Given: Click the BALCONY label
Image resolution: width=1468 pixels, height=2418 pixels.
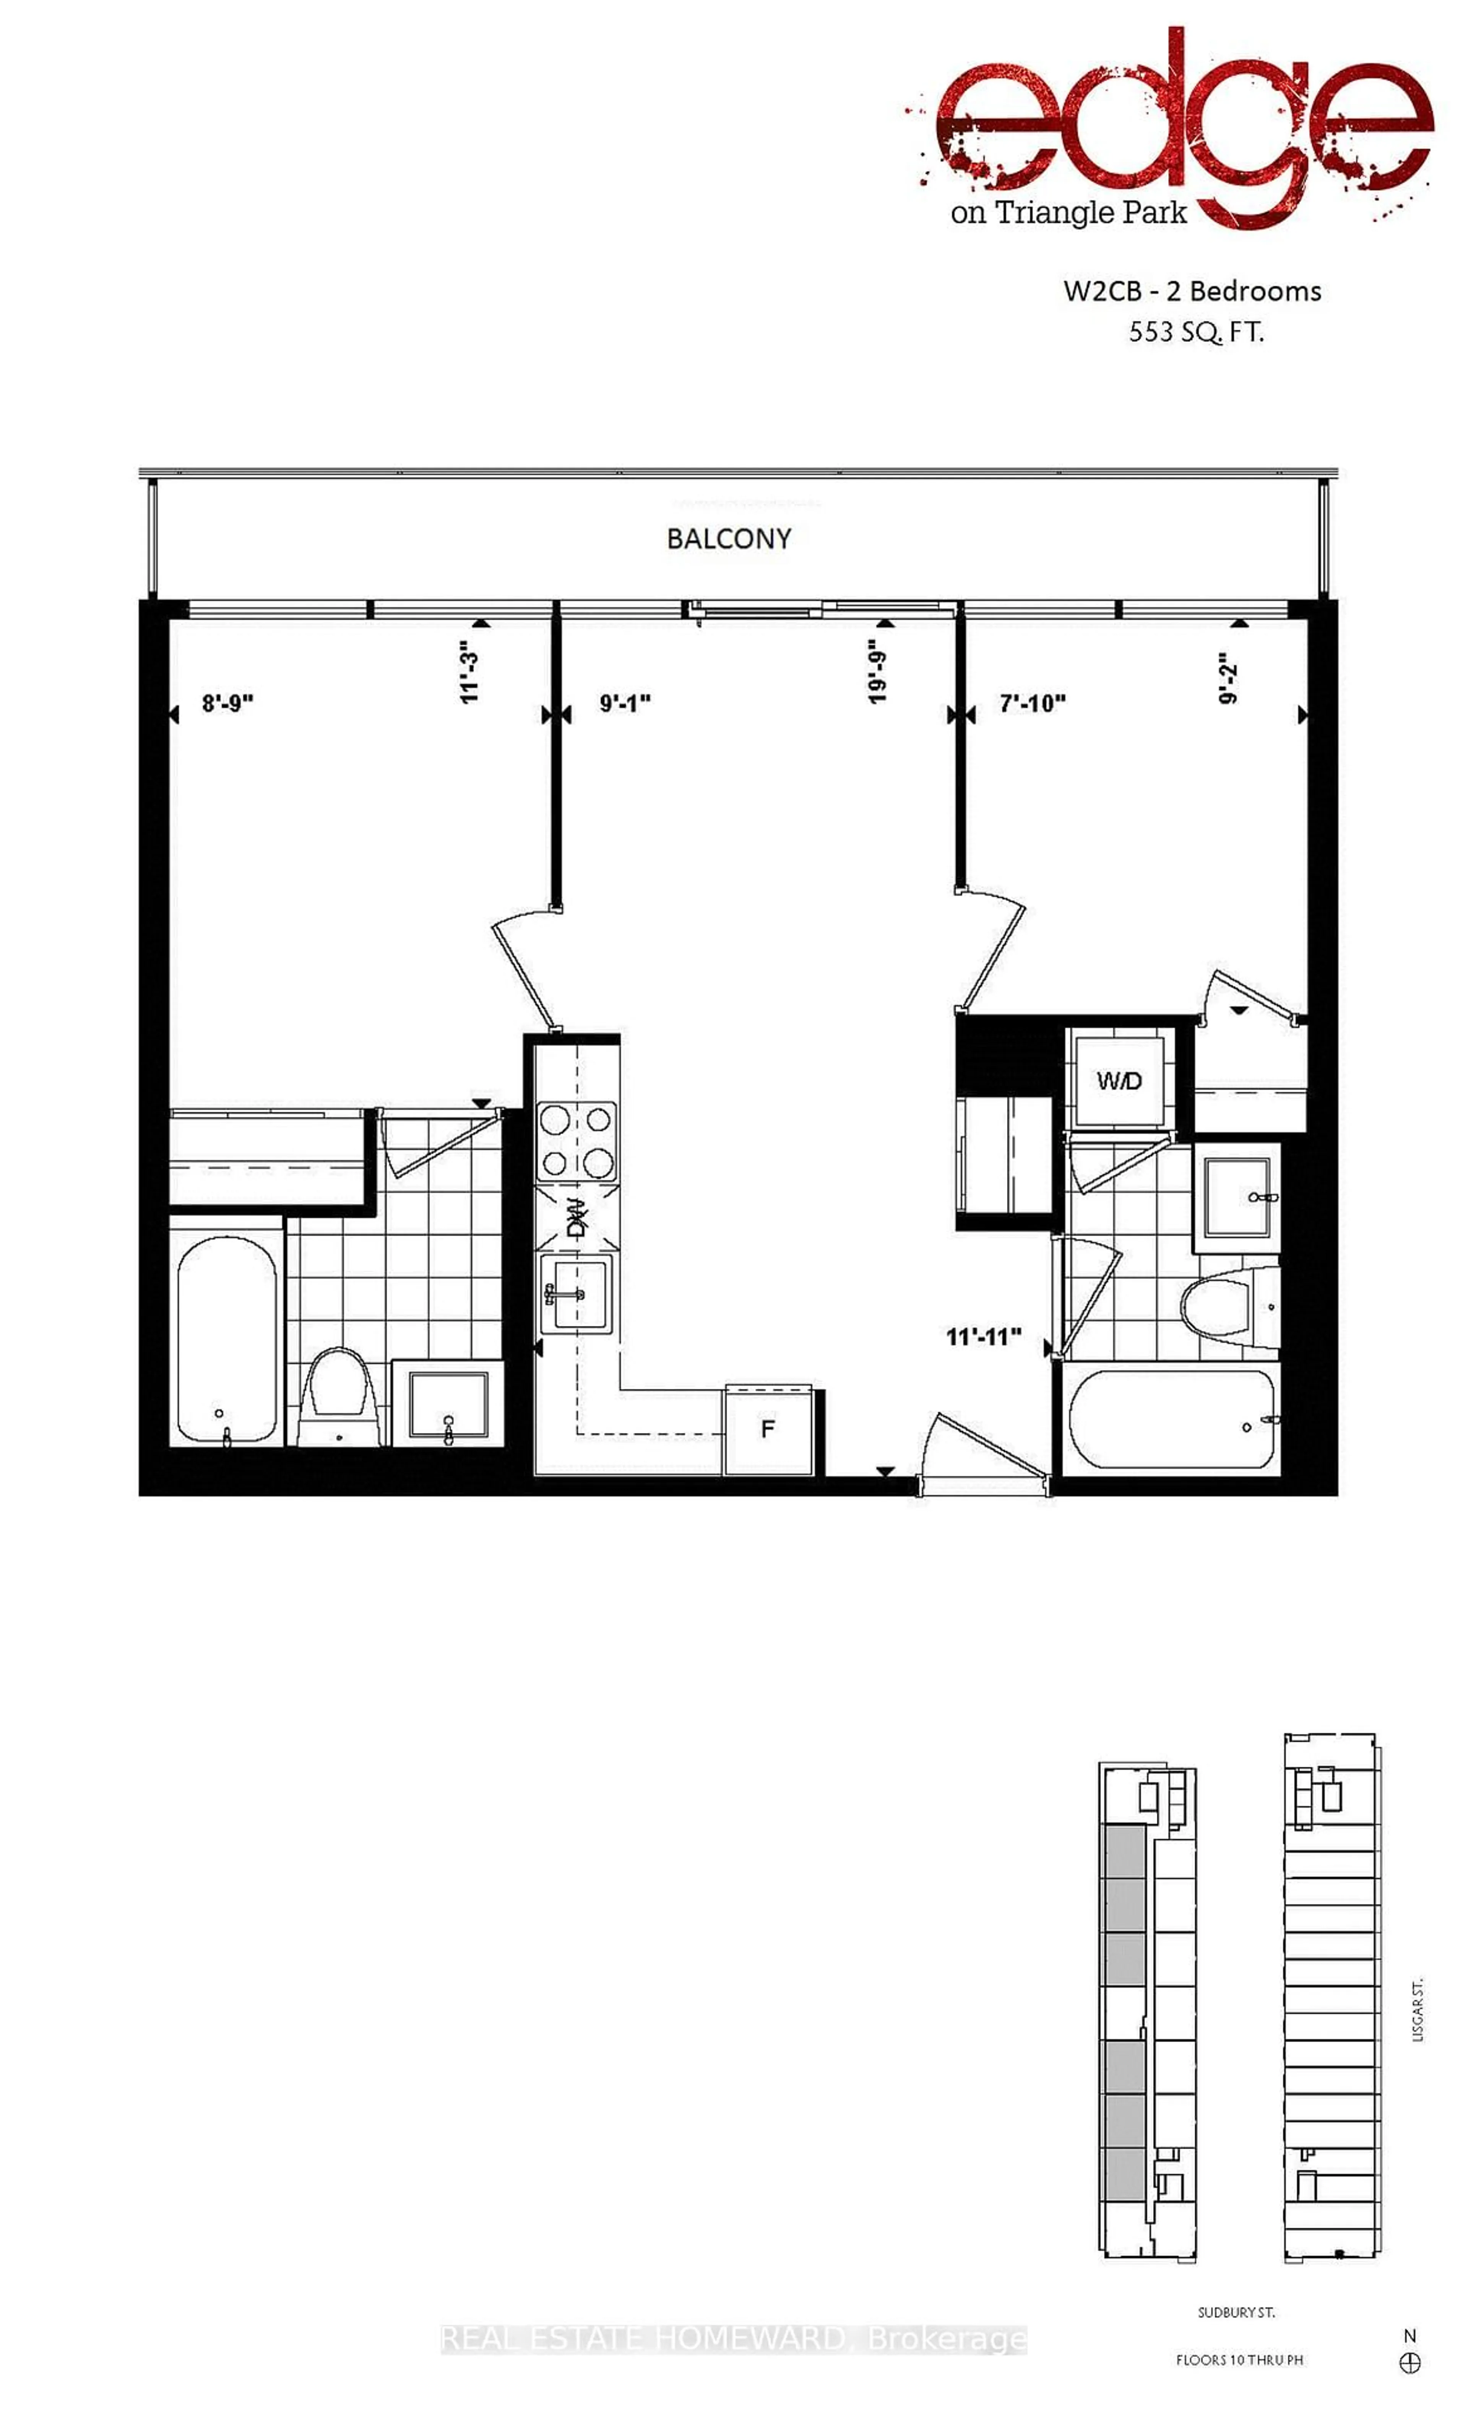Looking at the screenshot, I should click(x=728, y=539).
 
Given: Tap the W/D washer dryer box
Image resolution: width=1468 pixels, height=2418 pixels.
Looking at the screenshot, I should click(x=1119, y=1080).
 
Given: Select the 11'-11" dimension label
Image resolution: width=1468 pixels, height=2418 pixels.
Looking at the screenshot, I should click(x=983, y=1337).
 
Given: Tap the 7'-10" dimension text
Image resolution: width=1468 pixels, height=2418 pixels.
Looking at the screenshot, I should click(x=1032, y=704).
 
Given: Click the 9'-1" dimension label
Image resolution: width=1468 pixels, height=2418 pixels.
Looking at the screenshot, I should click(x=625, y=704).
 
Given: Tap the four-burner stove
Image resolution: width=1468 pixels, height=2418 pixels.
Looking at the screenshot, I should click(x=576, y=1141).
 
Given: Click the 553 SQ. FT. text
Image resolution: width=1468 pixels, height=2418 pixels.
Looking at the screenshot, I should click(x=1195, y=333).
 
